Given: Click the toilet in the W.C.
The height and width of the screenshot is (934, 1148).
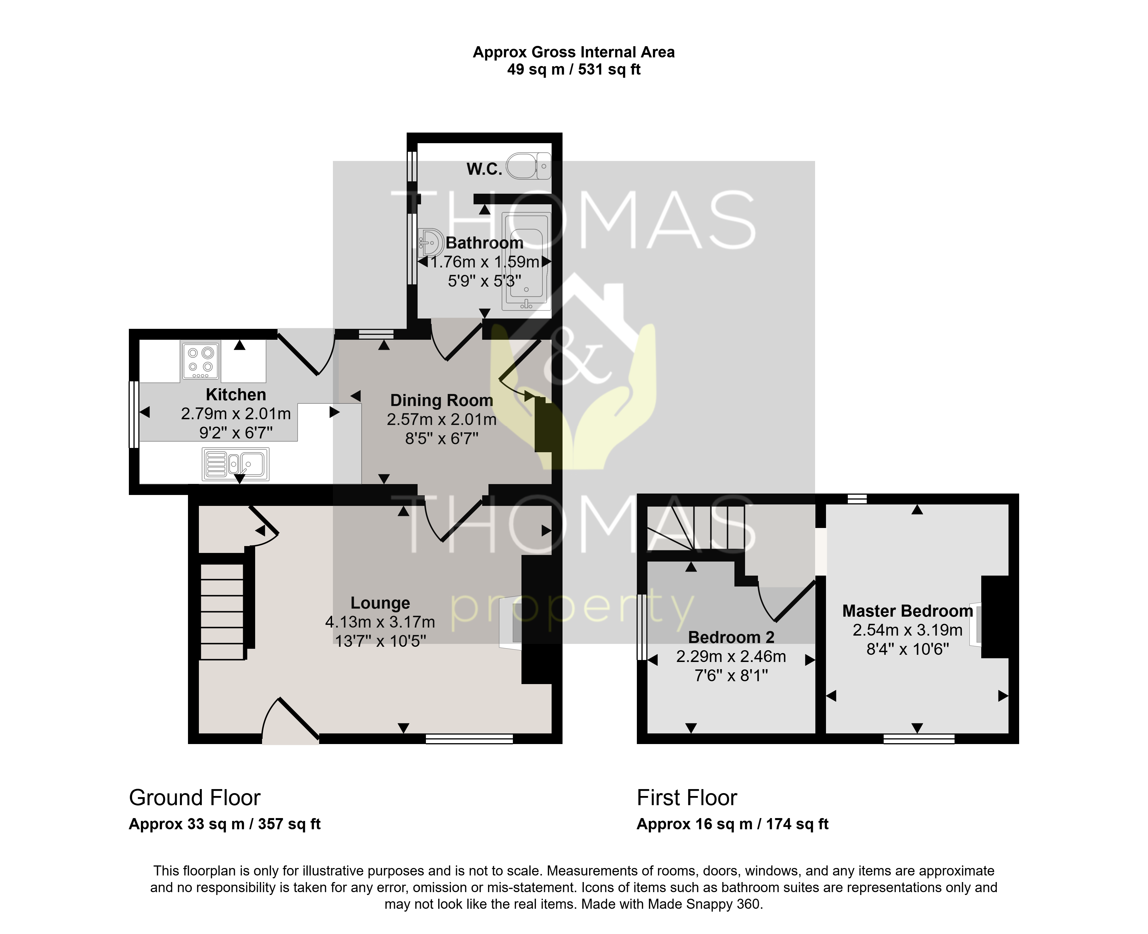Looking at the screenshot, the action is (529, 165).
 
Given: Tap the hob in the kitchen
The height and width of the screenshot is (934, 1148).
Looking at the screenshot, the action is (201, 360).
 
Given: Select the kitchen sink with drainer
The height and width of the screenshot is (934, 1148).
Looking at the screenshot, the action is (235, 464).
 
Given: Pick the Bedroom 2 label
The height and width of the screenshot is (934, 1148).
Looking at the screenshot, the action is (731, 637).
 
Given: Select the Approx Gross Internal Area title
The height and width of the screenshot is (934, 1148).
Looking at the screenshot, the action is (574, 52).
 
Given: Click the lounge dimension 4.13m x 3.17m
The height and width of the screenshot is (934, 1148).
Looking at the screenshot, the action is (380, 622).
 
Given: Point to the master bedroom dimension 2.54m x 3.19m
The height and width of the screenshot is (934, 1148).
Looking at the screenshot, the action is (907, 630).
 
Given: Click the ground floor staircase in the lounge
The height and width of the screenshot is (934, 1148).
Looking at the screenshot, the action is (222, 611).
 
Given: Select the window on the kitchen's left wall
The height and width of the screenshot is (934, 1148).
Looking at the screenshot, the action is (134, 414).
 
